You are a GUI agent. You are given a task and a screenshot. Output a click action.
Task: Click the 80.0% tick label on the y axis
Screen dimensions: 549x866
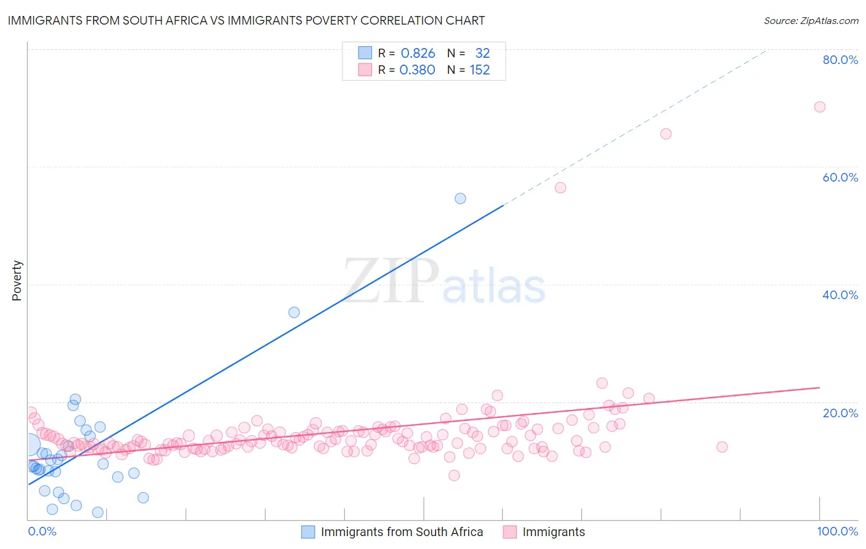point(840,60)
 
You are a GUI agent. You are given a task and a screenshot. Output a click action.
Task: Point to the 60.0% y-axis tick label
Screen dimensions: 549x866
point(840,177)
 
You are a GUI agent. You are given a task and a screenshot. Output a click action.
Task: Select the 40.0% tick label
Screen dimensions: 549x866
point(840,295)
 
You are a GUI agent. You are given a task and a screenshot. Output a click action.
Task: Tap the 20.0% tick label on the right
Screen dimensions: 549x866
point(840,413)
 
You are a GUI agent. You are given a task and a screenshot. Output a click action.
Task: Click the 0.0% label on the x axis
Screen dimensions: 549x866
point(42,531)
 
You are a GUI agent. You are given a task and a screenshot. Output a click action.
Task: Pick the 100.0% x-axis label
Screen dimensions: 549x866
point(837,531)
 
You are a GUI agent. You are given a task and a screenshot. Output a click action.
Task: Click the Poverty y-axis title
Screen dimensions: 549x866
point(17,281)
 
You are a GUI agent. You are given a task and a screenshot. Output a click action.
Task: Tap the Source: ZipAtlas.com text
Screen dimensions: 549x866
point(811,20)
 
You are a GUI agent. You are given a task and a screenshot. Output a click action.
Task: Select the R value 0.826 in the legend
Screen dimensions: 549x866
point(418,54)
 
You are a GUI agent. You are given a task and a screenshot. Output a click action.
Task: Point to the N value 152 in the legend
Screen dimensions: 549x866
point(479,70)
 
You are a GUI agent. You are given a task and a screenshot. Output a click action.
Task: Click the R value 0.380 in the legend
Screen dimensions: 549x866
point(418,70)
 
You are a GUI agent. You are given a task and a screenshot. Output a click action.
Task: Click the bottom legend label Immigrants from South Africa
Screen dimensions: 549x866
point(402,532)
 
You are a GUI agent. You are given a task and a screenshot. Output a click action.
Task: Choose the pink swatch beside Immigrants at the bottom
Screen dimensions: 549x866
point(509,532)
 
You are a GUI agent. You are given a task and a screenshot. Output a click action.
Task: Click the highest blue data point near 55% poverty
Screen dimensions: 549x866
point(460,198)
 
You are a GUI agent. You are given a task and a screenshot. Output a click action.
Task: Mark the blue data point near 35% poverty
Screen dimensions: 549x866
point(294,312)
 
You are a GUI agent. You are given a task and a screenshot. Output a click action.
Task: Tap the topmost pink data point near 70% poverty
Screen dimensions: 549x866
point(819,106)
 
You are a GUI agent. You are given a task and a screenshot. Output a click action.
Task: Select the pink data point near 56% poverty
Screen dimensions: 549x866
point(560,188)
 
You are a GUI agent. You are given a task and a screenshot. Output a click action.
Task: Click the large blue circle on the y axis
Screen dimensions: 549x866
point(28,444)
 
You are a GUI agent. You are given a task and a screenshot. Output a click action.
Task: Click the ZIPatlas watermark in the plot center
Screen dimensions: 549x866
point(443,282)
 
